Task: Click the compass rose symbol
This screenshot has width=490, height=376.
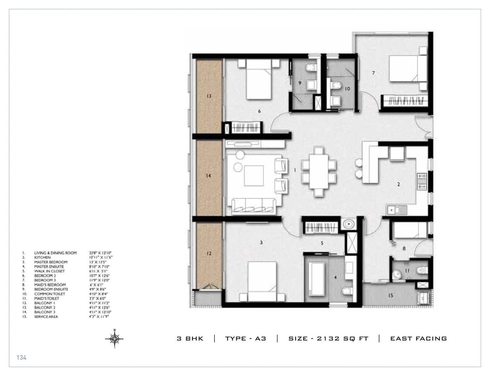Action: coord(115,338)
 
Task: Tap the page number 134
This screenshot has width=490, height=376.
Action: coord(22,357)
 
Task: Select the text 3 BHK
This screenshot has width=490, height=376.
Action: coord(190,338)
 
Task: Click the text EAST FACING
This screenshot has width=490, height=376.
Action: coord(418,338)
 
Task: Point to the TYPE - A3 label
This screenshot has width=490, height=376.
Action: coord(245,338)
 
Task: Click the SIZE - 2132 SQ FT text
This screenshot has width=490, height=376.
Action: coord(328,338)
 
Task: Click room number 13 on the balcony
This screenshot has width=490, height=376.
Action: coord(208,96)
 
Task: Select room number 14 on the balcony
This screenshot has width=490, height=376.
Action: coord(208,176)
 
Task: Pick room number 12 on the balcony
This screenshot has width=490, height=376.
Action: coord(209,254)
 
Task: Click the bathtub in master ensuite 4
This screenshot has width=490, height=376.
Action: coord(317,277)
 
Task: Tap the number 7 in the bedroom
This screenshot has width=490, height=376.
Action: coord(373,73)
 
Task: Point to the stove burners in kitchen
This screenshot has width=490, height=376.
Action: coord(422,181)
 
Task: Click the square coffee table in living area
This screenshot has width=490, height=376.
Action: coord(254,176)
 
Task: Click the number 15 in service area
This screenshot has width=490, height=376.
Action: coord(391,295)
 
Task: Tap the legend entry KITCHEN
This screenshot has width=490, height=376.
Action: coord(42,257)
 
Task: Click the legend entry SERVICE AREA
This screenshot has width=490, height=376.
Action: coord(46,316)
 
